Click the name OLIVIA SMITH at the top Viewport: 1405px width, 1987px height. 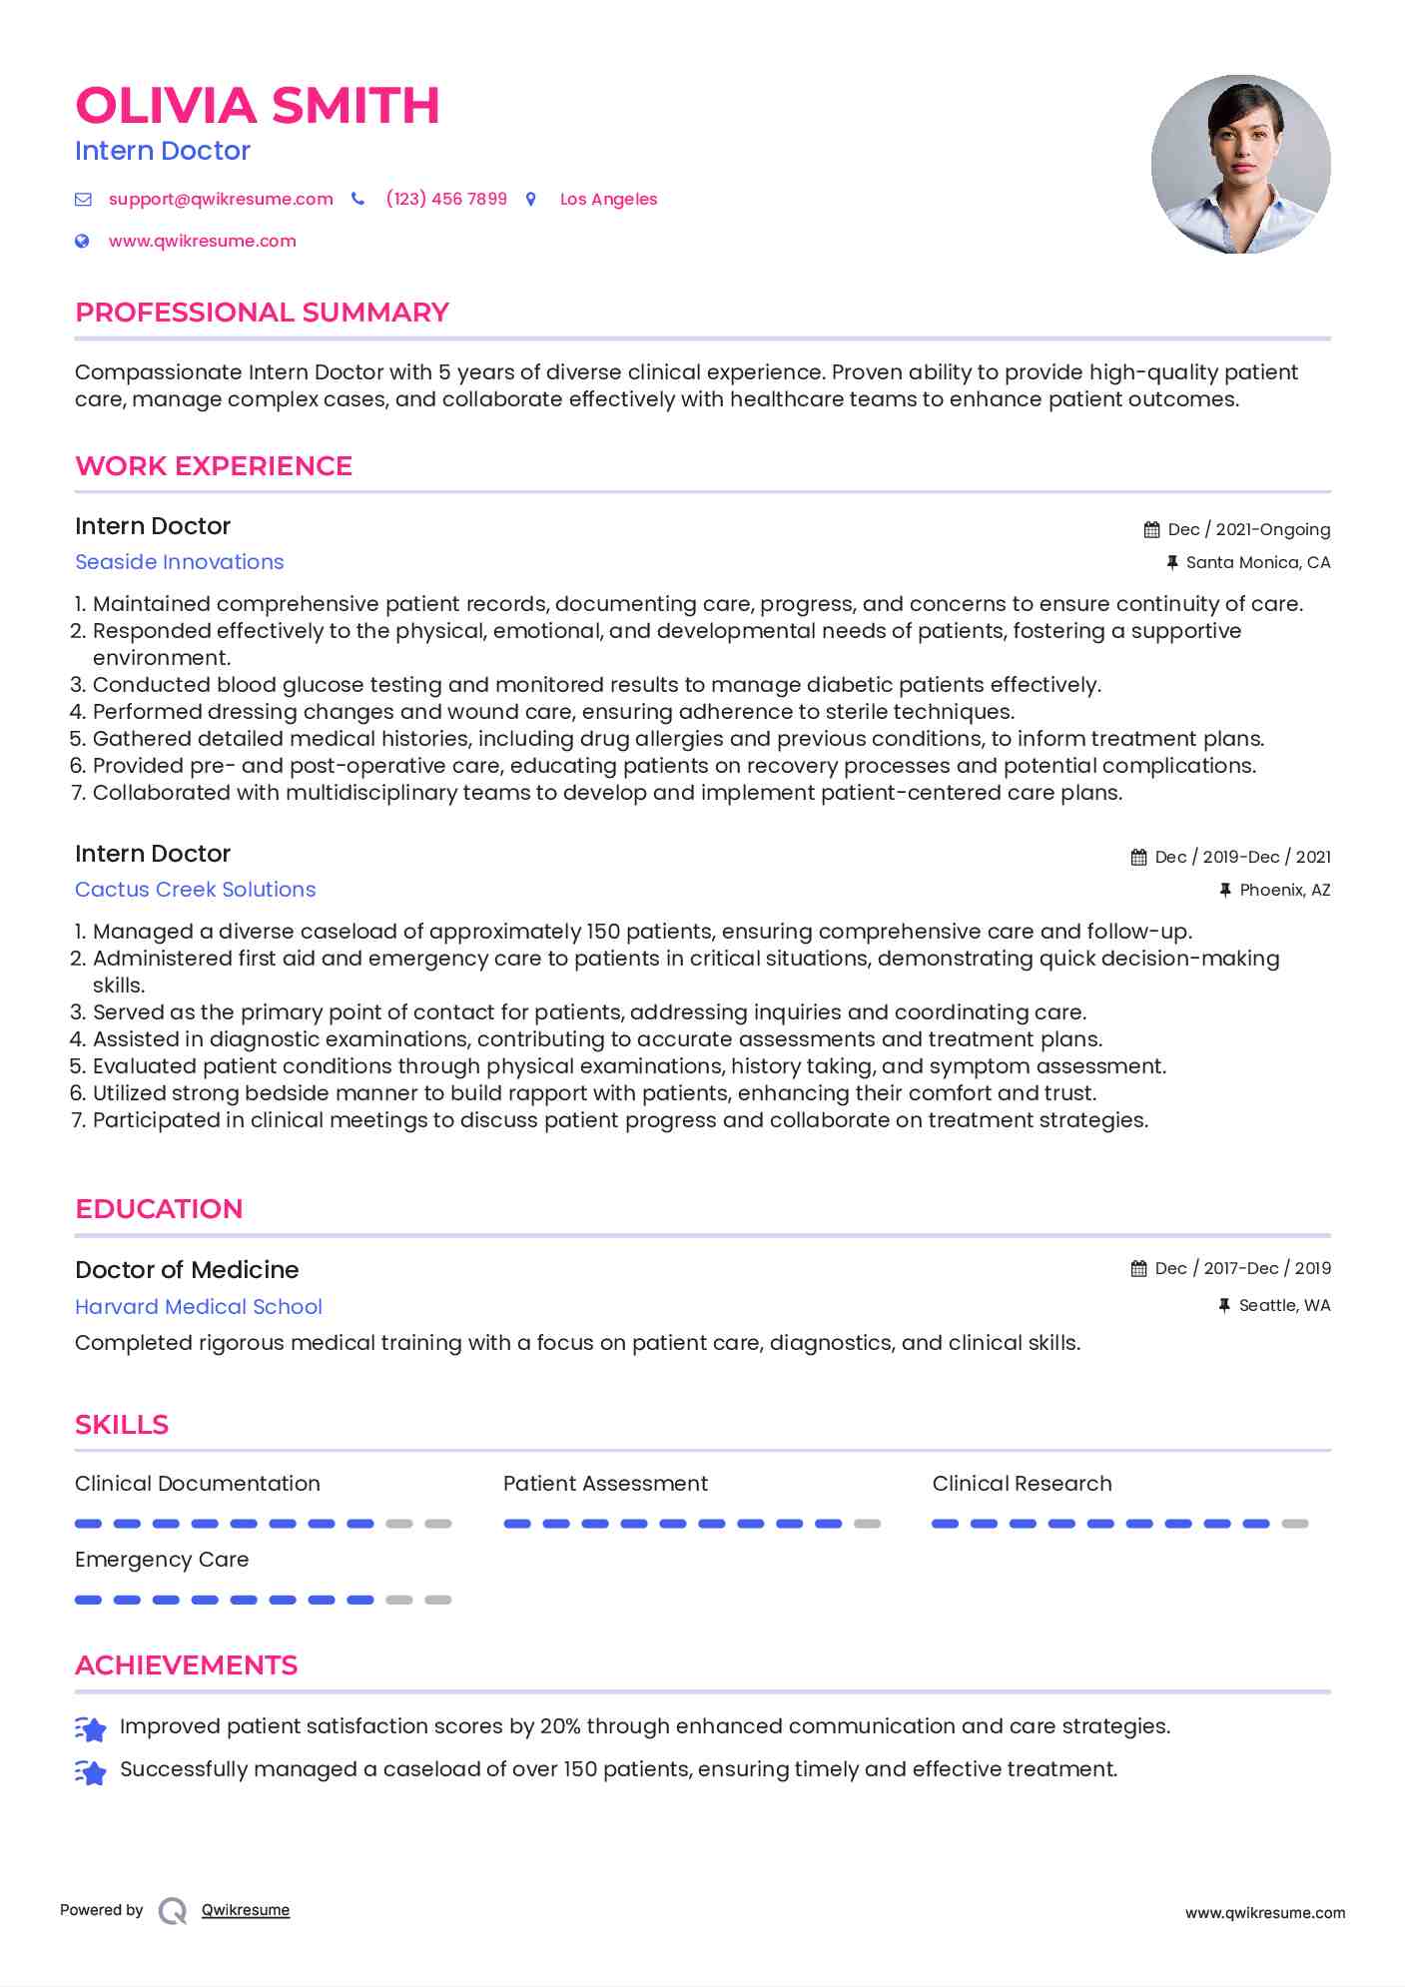click(257, 106)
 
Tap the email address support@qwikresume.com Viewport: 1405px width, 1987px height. click(221, 199)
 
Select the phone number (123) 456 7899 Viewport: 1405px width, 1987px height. click(446, 199)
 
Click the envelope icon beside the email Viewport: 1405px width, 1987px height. click(83, 200)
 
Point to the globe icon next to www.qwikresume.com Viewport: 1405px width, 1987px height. click(82, 241)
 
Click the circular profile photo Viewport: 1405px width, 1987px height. click(1240, 165)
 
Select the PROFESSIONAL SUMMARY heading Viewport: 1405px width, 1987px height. click(262, 313)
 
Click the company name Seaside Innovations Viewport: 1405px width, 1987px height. click(180, 562)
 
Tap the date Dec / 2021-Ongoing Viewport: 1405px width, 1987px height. click(1248, 529)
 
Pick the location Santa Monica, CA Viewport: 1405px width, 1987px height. click(1257, 563)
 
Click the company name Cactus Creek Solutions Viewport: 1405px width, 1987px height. click(196, 890)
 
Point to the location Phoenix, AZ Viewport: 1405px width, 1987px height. click(1284, 891)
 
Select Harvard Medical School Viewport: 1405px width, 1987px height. click(199, 1307)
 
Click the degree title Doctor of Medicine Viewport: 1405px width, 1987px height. click(187, 1270)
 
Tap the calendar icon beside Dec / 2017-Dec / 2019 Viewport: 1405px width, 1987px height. click(1138, 1269)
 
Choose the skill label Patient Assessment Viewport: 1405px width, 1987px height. click(605, 1484)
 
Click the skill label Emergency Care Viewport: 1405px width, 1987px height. click(162, 1560)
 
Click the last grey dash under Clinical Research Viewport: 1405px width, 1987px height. click(1294, 1524)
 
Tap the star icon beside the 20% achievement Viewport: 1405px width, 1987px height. click(91, 1728)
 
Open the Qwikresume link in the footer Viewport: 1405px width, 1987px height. click(246, 1910)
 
